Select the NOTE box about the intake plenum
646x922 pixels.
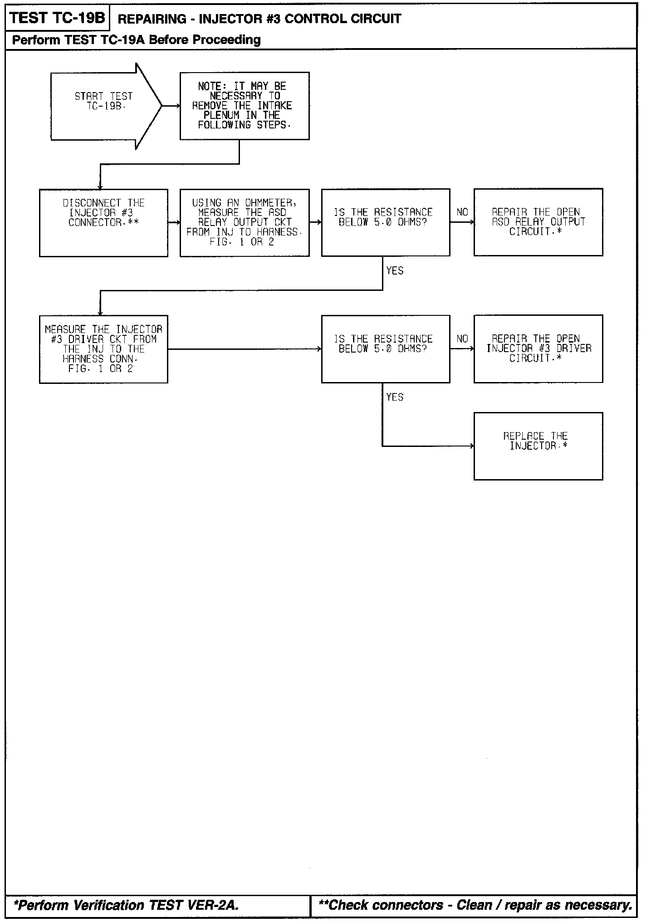coord(245,106)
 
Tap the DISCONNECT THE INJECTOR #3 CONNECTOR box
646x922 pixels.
coord(103,223)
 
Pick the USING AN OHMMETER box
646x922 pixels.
coord(245,223)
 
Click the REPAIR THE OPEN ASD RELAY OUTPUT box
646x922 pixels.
coord(538,222)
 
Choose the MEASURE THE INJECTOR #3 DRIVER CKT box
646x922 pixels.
coord(103,349)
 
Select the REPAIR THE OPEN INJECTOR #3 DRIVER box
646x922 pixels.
coord(538,349)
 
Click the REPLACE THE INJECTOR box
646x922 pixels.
coord(538,446)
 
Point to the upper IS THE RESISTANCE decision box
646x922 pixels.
coord(386,222)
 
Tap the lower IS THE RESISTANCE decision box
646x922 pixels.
coord(386,349)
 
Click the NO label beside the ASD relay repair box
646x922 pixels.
coord(462,212)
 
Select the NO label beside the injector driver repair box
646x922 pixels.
coord(462,339)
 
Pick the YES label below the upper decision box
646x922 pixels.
coord(395,271)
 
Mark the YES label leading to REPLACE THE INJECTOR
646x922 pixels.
coord(395,397)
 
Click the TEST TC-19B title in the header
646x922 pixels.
coord(57,19)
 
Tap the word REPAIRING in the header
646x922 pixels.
coord(152,19)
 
